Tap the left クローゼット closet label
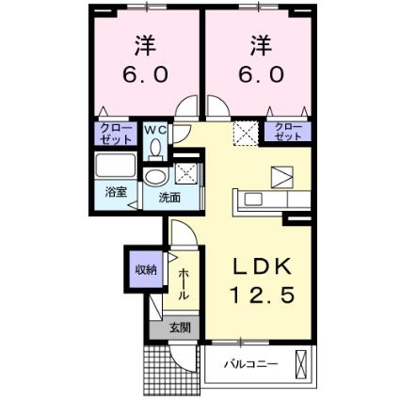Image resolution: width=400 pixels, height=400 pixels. click(x=114, y=134)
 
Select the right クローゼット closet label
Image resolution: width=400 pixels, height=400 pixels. click(x=290, y=134)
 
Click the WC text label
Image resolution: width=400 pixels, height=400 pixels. click(x=154, y=129)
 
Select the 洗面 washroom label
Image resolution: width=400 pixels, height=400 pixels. click(x=169, y=198)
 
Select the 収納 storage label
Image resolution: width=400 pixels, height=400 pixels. click(x=145, y=270)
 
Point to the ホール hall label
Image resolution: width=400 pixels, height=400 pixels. click(x=183, y=281)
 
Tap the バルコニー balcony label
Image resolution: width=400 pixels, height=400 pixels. click(x=250, y=364)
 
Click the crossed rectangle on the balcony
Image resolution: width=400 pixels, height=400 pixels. click(x=301, y=363)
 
